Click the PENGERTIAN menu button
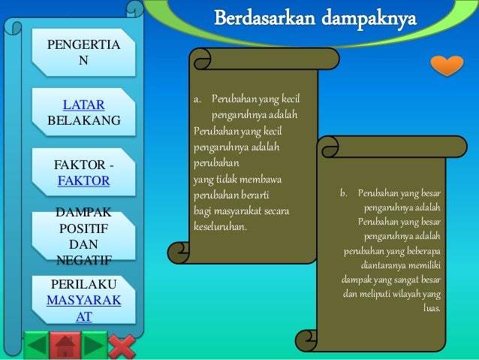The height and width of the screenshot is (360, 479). click(83, 52)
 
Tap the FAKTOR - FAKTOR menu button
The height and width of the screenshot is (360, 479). click(83, 172)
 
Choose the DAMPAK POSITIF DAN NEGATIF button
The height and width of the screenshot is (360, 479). click(83, 236)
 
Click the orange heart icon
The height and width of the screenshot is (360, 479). click(447, 65)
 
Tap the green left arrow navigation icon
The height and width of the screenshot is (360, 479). click(36, 346)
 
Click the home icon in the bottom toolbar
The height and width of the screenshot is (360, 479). click(66, 346)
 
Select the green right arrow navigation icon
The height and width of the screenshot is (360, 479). click(94, 346)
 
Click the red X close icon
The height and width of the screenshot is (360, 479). click(122, 346)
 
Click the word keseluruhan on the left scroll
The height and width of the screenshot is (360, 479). click(220, 225)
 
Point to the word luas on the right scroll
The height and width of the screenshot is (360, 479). click(432, 307)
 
